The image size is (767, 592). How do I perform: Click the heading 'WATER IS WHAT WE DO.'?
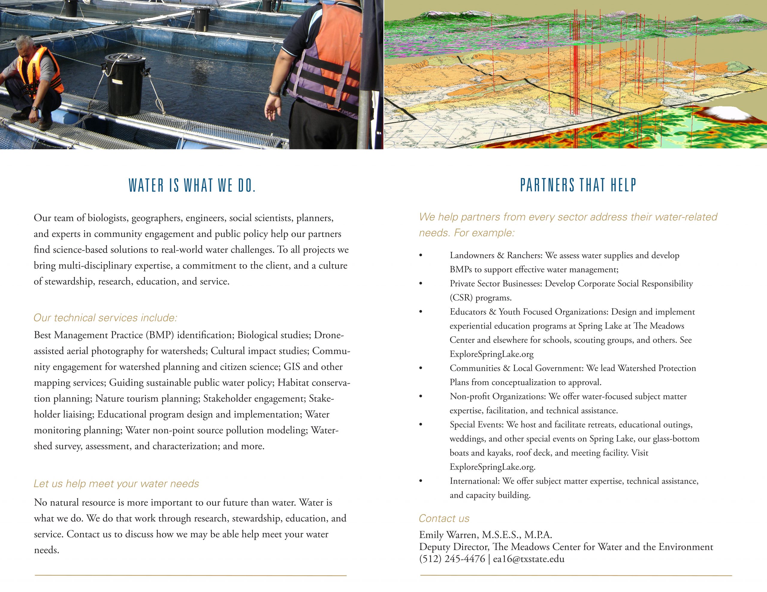192,185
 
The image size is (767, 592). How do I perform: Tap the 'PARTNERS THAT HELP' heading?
578,185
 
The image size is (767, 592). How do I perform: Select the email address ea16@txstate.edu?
529,559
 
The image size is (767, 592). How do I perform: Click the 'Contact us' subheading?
444,518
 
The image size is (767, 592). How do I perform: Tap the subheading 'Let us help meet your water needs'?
116,484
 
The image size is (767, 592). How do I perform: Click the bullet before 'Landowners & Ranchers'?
421,256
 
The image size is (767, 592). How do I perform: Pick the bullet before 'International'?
421,481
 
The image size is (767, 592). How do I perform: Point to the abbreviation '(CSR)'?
461,298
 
